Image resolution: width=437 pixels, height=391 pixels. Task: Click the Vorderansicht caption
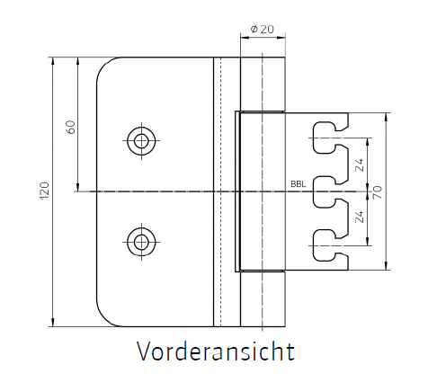[216, 351]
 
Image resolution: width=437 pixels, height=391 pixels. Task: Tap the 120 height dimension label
[44, 191]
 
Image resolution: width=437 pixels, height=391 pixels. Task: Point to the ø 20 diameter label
[262, 30]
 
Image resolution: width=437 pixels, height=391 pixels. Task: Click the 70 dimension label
[378, 192]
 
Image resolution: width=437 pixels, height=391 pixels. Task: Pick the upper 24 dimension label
[360, 164]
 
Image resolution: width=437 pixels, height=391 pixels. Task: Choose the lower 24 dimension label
[360, 217]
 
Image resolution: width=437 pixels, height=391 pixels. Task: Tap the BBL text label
[299, 184]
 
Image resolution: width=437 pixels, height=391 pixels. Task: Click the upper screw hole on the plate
[141, 140]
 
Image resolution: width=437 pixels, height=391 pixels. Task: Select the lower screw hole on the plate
[141, 242]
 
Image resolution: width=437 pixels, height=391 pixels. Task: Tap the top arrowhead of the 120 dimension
[53, 61]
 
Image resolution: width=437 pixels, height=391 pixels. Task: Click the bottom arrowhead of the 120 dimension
[53, 323]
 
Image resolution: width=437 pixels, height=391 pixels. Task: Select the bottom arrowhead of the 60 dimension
[78, 187]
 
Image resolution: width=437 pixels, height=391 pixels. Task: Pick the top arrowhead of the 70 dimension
[386, 117]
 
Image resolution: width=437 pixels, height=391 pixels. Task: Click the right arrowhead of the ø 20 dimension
[281, 38]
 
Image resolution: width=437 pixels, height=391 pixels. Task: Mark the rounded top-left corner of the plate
[104, 65]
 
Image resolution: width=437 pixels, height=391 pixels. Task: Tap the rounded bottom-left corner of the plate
[104, 318]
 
